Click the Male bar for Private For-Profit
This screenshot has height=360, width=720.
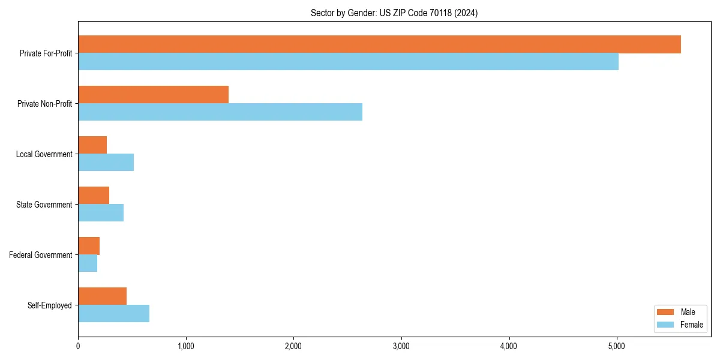(379, 44)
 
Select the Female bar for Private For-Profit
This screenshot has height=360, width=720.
(348, 62)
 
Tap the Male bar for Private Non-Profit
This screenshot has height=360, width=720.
(153, 95)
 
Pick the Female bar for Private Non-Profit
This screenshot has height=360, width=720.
(220, 112)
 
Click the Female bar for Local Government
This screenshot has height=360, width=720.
(106, 163)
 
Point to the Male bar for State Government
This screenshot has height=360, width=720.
(94, 196)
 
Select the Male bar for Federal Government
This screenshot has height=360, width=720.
(89, 246)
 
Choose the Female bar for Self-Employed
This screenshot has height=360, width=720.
(113, 314)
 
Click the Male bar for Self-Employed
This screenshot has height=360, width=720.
(102, 296)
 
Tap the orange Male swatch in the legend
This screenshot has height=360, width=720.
(666, 312)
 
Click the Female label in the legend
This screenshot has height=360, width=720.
(691, 325)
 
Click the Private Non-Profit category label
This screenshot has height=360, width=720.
(44, 104)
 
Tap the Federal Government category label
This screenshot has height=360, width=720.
(41, 255)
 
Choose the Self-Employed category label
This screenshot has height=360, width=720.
(50, 305)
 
